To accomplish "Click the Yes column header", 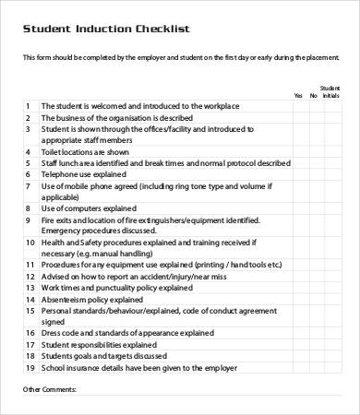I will click(297, 95).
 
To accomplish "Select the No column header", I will click(313, 95).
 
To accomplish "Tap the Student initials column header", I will click(330, 91).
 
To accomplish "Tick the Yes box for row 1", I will click(297, 106).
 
